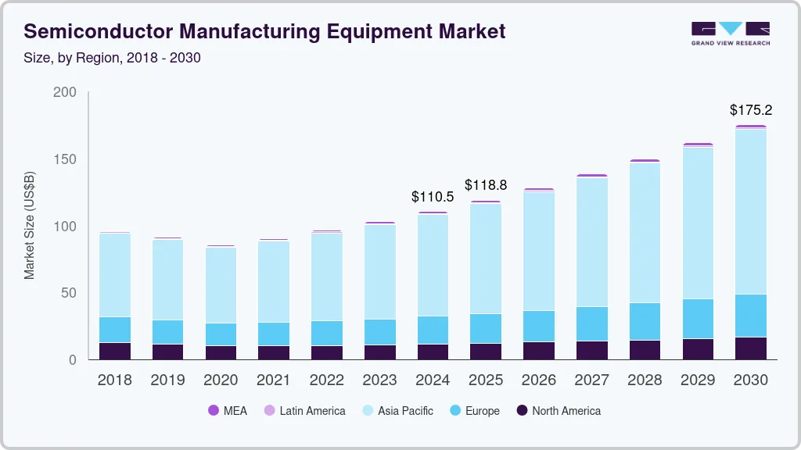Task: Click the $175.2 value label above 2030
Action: click(751, 110)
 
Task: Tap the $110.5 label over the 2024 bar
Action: click(433, 197)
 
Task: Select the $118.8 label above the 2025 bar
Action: click(486, 185)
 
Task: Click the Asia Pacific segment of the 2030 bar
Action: click(751, 211)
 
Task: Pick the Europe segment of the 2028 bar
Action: click(645, 321)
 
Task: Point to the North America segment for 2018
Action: click(115, 351)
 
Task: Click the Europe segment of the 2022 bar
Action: click(326, 333)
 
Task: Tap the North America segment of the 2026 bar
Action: click(539, 351)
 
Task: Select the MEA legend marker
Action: click(214, 410)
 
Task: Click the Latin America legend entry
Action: click(312, 410)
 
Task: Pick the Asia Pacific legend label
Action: click(405, 410)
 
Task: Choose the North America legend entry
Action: click(566, 410)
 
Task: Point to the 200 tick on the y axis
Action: click(65, 92)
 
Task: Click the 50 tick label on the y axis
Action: click(69, 293)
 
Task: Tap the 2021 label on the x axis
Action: click(274, 380)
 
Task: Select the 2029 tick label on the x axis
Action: click(698, 380)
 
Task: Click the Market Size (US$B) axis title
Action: click(30, 226)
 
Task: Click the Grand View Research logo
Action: click(730, 33)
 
